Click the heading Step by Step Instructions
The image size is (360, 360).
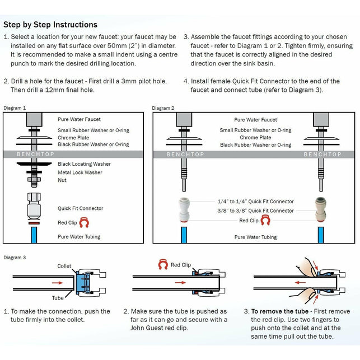[x=50, y=25]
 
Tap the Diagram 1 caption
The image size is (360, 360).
[x=15, y=107]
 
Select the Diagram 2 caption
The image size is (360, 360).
[x=163, y=107]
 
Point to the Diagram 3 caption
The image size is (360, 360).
[x=15, y=257]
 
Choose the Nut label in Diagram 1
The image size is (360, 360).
[x=62, y=181]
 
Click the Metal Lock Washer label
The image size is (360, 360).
[x=80, y=172]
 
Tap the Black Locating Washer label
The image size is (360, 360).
[x=84, y=164]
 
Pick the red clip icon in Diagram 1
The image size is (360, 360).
[x=85, y=223]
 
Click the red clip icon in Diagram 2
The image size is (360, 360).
[x=267, y=221]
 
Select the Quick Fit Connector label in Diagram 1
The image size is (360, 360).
[x=81, y=208]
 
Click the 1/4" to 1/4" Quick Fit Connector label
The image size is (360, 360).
[x=255, y=202]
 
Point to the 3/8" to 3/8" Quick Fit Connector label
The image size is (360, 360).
[x=255, y=211]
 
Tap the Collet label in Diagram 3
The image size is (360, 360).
[x=64, y=267]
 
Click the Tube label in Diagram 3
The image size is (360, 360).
[x=58, y=298]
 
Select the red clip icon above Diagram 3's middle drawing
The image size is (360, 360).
[x=163, y=264]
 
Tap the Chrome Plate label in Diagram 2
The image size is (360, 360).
[x=255, y=137]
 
